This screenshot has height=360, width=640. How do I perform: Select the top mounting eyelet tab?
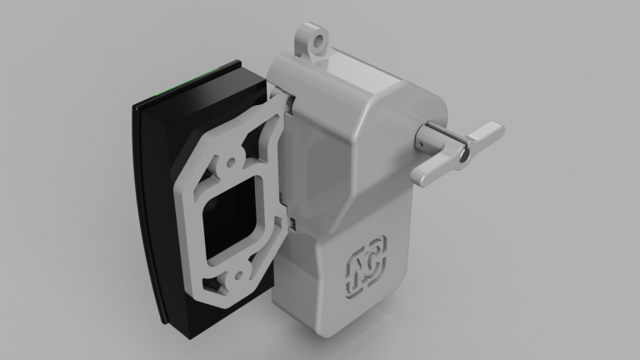click(312, 43)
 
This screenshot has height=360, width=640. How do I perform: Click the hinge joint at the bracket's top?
click(286, 103)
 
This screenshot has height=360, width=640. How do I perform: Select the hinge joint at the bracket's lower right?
click(292, 222)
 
